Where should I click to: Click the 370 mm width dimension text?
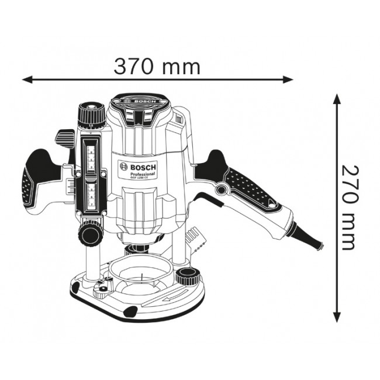point(157,67)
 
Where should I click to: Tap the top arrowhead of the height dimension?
point(337,98)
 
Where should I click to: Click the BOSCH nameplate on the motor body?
point(138,170)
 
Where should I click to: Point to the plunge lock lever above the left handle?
point(63,139)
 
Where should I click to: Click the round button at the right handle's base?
point(222,189)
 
